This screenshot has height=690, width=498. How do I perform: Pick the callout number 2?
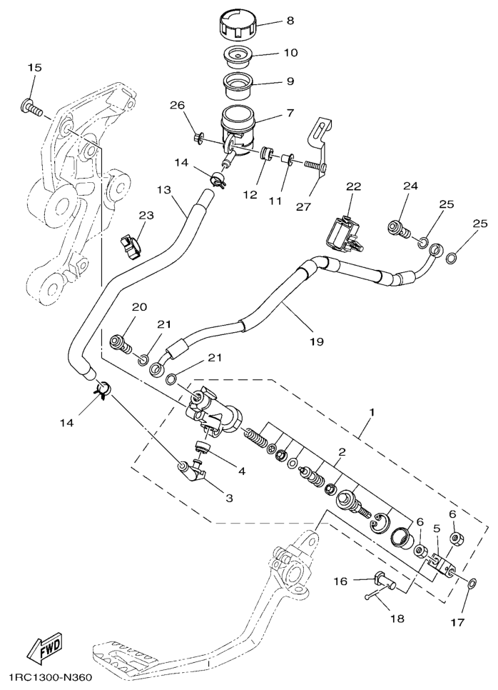click(342, 452)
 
